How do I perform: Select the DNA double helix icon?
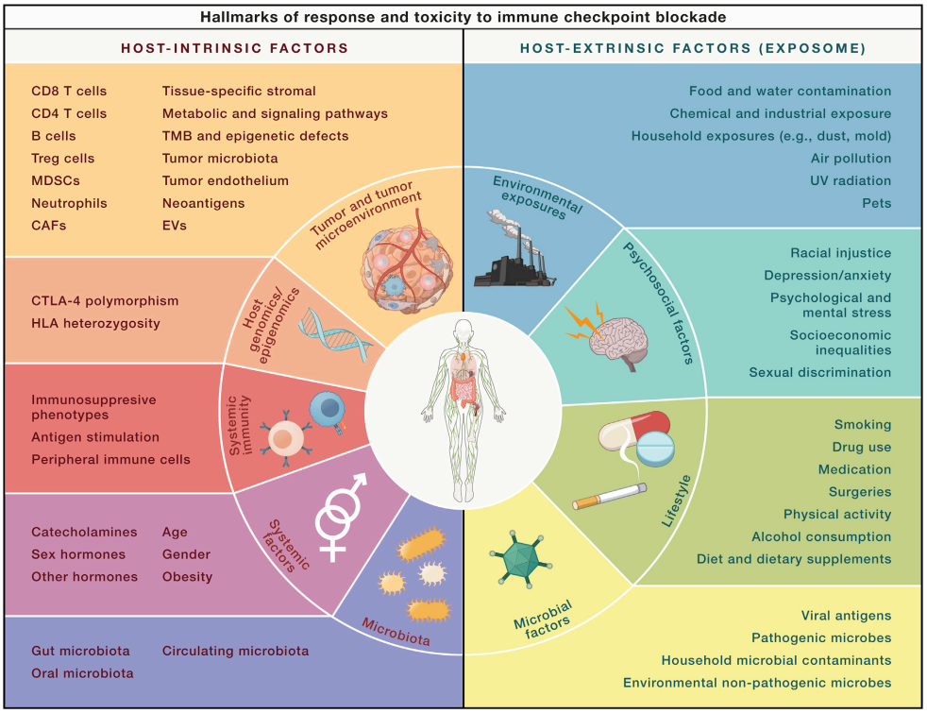[x=334, y=333]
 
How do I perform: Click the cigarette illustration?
[x=610, y=496]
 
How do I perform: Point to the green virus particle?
[x=521, y=559]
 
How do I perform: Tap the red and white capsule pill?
[x=633, y=430]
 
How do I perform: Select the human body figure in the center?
[x=463, y=410]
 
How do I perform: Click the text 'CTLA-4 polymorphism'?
[x=105, y=301]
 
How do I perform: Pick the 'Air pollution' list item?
[x=851, y=159]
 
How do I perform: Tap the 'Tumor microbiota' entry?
[x=220, y=159]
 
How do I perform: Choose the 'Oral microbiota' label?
[x=82, y=673]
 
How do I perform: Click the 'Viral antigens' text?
[x=846, y=616]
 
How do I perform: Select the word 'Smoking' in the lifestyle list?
[x=863, y=424]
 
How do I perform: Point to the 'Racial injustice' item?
[x=841, y=253]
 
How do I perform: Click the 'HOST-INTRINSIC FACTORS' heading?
[x=235, y=48]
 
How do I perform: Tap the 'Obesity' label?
[x=187, y=577]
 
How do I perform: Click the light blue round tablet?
[x=656, y=449]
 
